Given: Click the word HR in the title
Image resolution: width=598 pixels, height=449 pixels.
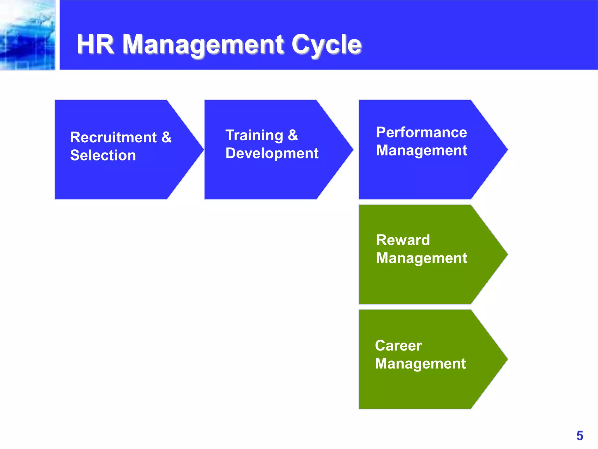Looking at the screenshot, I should pos(95,44).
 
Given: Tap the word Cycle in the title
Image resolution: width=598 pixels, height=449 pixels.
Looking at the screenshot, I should pos(326,44).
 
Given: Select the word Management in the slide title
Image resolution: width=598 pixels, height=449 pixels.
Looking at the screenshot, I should pos(203,44).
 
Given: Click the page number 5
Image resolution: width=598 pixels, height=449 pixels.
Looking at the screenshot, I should pos(580,436).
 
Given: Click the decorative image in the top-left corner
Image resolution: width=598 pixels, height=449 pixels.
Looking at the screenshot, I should pos(27,35).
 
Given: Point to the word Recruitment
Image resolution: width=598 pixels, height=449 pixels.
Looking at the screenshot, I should pos(113,137).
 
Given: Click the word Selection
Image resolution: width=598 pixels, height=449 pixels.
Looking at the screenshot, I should pos(103,155).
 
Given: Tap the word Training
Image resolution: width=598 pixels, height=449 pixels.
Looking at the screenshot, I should pos(254,135).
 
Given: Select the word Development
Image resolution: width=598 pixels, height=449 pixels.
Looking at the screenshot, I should pos(272,153).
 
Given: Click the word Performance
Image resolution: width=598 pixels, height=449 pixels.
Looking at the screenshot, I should pos(421,132).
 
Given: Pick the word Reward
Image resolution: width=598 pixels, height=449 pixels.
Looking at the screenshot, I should pos(403,240).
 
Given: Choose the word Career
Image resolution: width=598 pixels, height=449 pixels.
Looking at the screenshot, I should pos(398,346).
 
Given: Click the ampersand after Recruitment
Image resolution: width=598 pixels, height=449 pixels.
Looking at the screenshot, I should pos(166,137).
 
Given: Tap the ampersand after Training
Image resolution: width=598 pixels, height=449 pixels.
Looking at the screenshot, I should pos(293,135).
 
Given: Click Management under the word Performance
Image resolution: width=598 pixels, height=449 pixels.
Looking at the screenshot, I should pos(421,150).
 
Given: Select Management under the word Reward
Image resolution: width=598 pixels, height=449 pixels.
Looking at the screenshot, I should pos(421,258).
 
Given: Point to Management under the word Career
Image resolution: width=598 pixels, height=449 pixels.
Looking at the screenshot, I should pos(420,364).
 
